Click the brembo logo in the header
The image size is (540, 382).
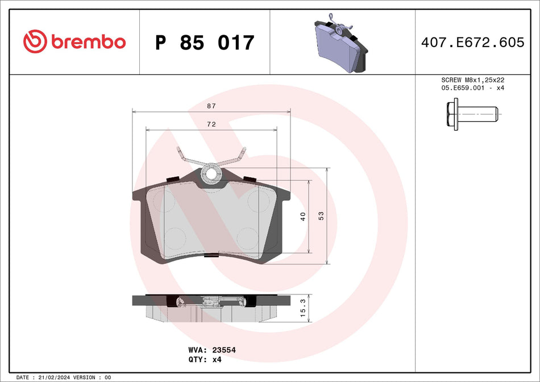74,41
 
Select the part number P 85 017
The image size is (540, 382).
205,43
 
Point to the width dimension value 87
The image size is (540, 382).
211,106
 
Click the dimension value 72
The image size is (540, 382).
211,124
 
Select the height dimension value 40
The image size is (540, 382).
303,216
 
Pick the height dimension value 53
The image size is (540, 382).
321,216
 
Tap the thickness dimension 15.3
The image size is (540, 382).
303,308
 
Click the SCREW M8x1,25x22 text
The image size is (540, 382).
473,80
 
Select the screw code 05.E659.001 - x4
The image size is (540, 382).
473,88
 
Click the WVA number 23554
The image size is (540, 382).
223,350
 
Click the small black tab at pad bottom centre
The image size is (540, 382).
211,255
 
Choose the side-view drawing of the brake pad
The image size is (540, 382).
211,308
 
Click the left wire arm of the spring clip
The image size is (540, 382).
188,160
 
